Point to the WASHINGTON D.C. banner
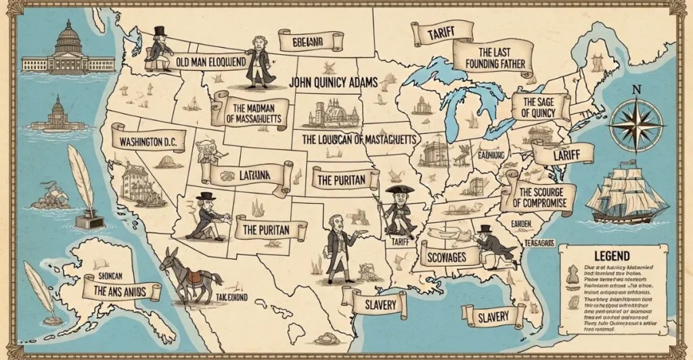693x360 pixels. [x=150, y=142]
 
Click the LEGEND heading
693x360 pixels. [x=611, y=256]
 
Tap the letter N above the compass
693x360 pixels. [x=635, y=89]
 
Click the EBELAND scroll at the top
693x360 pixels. [x=307, y=41]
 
